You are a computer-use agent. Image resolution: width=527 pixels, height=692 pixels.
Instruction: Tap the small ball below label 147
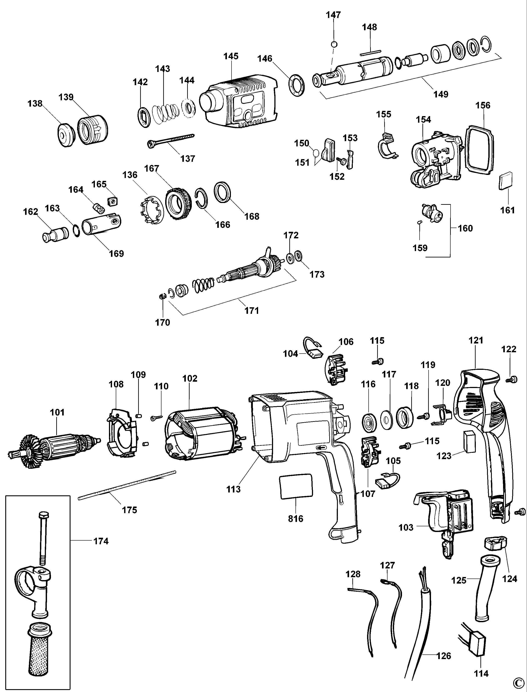click(334, 44)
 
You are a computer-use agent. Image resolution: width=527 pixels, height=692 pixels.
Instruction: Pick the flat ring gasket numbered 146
click(296, 85)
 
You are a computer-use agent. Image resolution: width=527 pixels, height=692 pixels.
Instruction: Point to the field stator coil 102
click(201, 434)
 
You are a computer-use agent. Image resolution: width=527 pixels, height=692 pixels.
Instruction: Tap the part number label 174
click(101, 541)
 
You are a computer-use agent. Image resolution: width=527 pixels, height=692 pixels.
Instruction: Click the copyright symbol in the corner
click(520, 686)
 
